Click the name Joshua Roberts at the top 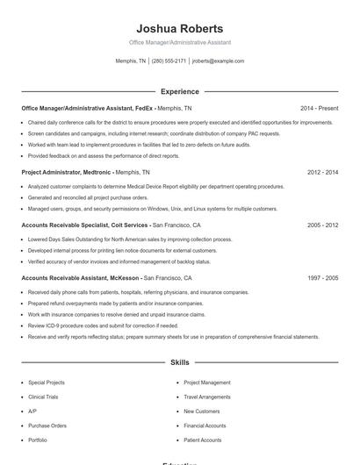[179, 28]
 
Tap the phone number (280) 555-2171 [169, 61]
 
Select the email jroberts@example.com [218, 61]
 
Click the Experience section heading [179, 91]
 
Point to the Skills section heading [179, 361]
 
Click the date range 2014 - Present [319, 108]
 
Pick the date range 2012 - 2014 [322, 173]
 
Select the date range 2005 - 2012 [322, 225]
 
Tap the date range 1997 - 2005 [322, 277]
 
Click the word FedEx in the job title [144, 108]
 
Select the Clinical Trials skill [43, 397]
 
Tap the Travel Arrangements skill [207, 397]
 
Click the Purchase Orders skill [47, 426]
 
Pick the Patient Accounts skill [202, 440]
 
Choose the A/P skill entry [32, 411]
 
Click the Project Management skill [206, 383]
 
